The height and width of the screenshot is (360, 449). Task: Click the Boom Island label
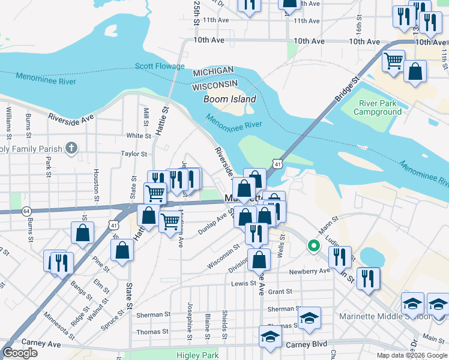coord(229,99)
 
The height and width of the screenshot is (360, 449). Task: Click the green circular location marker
coord(313,245)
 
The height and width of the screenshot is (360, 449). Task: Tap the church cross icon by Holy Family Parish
coord(71,148)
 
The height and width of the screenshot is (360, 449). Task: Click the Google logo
coord(20,353)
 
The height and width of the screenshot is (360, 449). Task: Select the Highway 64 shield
coord(26,211)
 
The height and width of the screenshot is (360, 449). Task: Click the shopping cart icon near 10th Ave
coord(393,61)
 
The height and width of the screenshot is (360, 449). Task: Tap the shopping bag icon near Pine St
coord(83,232)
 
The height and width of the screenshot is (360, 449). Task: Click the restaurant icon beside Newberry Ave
coord(368,278)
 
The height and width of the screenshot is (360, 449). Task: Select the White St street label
coord(139,136)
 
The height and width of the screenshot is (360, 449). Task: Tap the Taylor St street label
coord(134,154)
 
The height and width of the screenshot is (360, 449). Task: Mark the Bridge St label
coord(347,88)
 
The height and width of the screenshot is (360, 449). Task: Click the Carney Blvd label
coord(306,344)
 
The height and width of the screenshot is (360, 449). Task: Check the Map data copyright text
coord(411,355)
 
